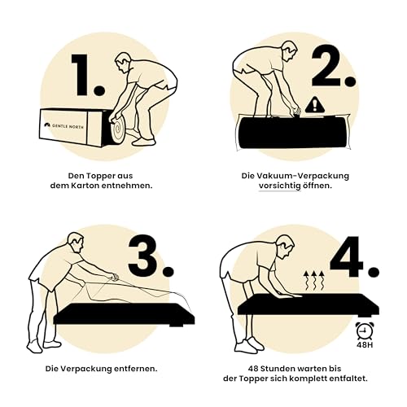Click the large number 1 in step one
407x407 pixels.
pos(81,75)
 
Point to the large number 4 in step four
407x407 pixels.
pos(347,256)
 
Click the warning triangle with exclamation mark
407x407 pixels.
pos(315,105)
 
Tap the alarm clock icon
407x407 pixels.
pos(365,330)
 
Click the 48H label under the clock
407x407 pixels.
pos(365,345)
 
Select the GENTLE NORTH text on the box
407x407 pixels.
pos(68,126)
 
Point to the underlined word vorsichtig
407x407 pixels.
pos(279,186)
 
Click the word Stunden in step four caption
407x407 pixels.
pos(278,369)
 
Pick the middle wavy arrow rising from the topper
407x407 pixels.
pos(314,281)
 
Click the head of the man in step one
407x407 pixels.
pos(124,63)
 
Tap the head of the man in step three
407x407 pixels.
pos(76,243)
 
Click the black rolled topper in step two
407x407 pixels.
pos(293,133)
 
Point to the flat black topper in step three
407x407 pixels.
pos(125,314)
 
